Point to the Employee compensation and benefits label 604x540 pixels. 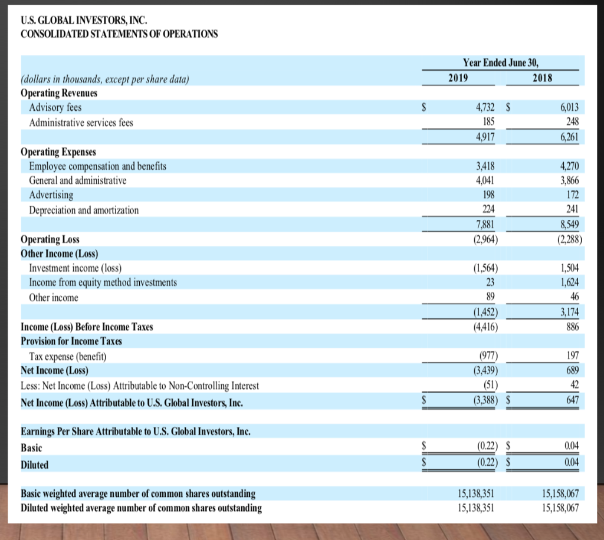coord(97,166)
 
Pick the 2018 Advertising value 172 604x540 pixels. coord(572,195)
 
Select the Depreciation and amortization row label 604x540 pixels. coord(84,210)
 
